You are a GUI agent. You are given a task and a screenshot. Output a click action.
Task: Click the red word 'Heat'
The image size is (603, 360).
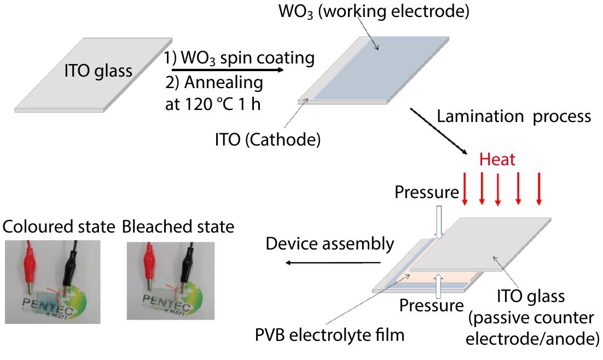tap(497, 159)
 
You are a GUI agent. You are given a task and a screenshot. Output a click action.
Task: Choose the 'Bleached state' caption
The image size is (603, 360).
tap(178, 227)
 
